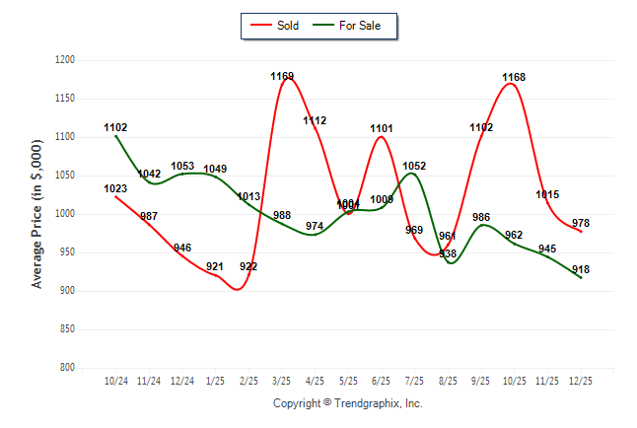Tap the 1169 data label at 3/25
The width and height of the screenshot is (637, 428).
point(283,76)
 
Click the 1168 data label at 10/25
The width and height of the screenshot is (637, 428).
point(514,77)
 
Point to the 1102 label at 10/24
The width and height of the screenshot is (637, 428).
point(115,127)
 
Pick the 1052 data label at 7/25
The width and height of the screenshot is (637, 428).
point(414,166)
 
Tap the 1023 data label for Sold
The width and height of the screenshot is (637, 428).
point(115,188)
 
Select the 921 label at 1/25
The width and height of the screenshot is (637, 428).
point(216,266)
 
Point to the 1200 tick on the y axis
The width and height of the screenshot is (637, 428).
point(66,60)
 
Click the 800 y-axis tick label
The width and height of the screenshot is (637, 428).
point(69,368)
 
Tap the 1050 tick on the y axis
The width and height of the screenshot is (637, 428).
point(66,176)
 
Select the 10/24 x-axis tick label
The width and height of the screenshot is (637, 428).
point(115,381)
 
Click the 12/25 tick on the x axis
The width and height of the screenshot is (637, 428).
point(580,381)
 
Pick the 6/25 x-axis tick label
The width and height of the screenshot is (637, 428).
point(382,381)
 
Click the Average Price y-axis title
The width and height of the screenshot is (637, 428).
point(37,214)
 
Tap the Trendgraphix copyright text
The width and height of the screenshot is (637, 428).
point(347,403)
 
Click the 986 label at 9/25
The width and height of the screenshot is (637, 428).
point(481,217)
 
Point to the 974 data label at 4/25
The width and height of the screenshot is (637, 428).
point(315,226)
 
